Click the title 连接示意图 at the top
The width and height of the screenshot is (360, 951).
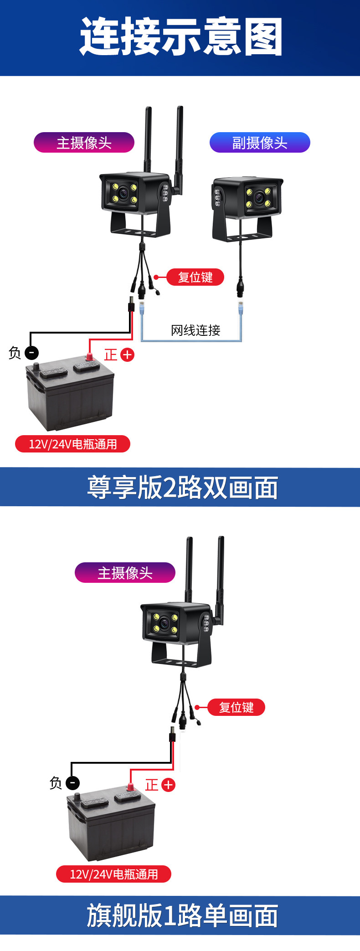181,36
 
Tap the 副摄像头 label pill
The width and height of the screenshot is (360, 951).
260,143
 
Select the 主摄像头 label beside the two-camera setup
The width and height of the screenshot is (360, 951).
84,143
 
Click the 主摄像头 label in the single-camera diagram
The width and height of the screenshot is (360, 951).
125,573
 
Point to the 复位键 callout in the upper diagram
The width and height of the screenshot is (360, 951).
195,277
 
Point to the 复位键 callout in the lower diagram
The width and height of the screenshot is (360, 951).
236,707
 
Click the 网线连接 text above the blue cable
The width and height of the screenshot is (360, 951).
195,330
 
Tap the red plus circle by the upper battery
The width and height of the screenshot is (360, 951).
127,355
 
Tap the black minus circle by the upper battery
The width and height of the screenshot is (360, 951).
31,353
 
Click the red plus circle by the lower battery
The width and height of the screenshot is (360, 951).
168,785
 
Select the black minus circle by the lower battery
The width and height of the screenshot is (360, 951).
72,783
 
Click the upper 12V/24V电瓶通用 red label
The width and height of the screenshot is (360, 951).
72,444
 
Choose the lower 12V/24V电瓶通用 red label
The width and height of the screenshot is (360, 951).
113,874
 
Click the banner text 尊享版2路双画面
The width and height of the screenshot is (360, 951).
182,488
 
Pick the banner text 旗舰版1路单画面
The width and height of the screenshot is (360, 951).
182,916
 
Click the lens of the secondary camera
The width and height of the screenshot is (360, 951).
258,198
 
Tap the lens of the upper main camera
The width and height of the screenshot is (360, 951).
123,193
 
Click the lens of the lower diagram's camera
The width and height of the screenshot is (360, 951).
165,623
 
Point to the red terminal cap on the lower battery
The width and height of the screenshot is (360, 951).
130,787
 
